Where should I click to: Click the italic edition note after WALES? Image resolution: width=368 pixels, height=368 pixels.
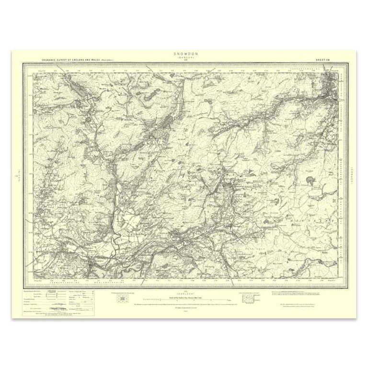pyautogui.click(x=112, y=60)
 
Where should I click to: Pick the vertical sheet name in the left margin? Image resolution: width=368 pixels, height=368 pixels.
pyautogui.click(x=16, y=174)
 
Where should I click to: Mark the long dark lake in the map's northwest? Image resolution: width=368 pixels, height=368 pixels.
pyautogui.click(x=78, y=88)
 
